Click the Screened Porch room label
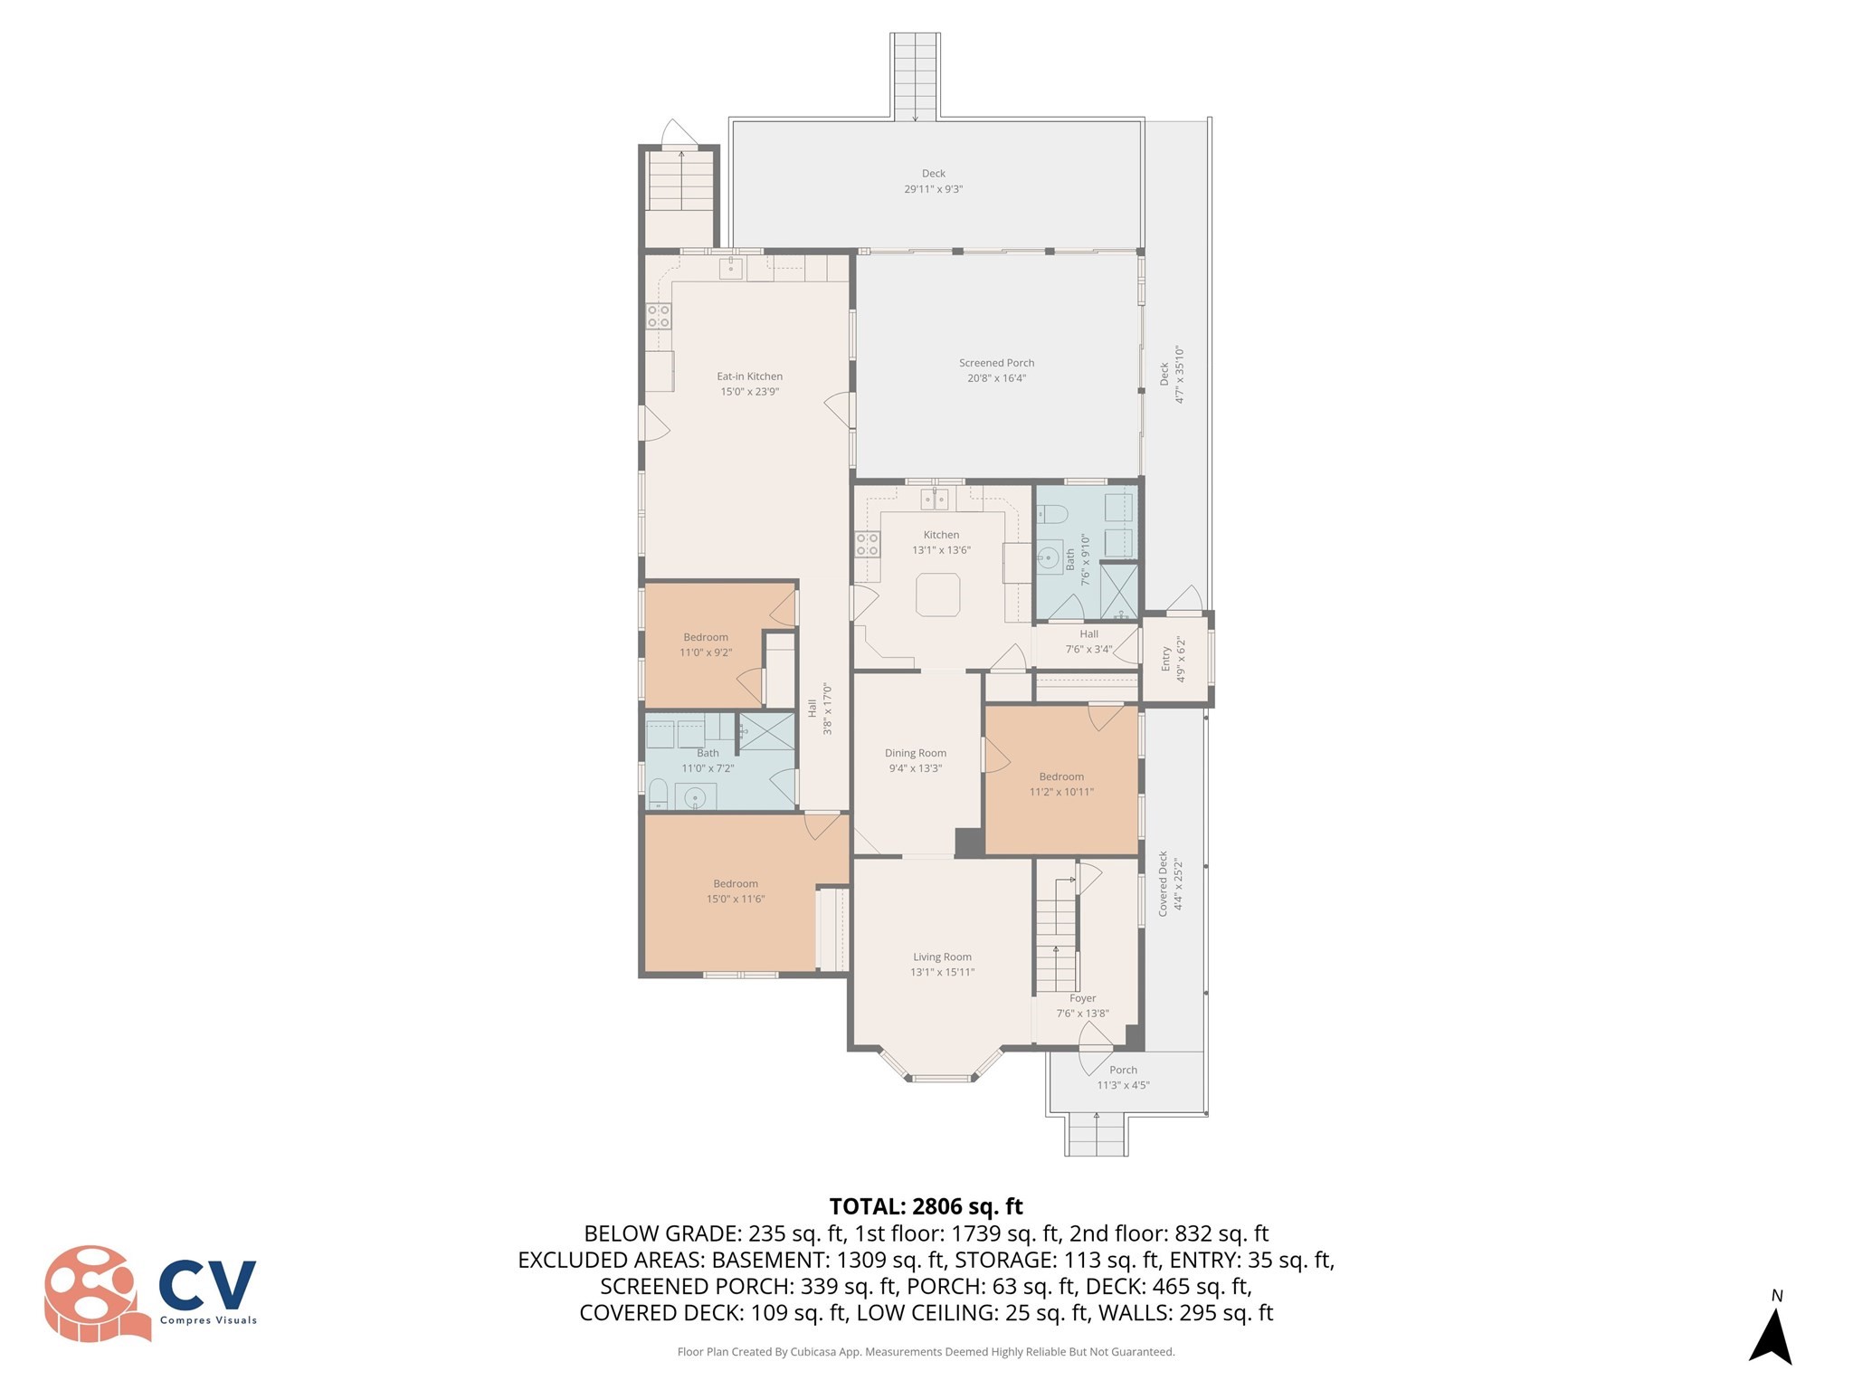pyautogui.click(x=996, y=363)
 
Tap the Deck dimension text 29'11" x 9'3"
pyautogui.click(x=933, y=189)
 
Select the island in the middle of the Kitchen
pyautogui.click(x=937, y=595)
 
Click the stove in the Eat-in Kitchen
pyautogui.click(x=659, y=316)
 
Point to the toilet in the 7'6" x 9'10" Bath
pyautogui.click(x=1052, y=514)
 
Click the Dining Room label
pyautogui.click(x=915, y=753)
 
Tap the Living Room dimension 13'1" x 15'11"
pyautogui.click(x=942, y=972)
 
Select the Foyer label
pyautogui.click(x=1082, y=998)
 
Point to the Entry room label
pyautogui.click(x=1165, y=658)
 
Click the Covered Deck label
pyautogui.click(x=1164, y=883)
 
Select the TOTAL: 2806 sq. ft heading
pyautogui.click(x=926, y=1206)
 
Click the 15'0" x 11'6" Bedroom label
pyautogui.click(x=735, y=884)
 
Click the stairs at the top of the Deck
pyautogui.click(x=915, y=76)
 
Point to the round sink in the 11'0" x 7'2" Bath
pyautogui.click(x=695, y=797)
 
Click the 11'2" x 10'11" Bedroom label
pyautogui.click(x=1060, y=776)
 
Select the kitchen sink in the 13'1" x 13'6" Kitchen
pyautogui.click(x=934, y=499)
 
